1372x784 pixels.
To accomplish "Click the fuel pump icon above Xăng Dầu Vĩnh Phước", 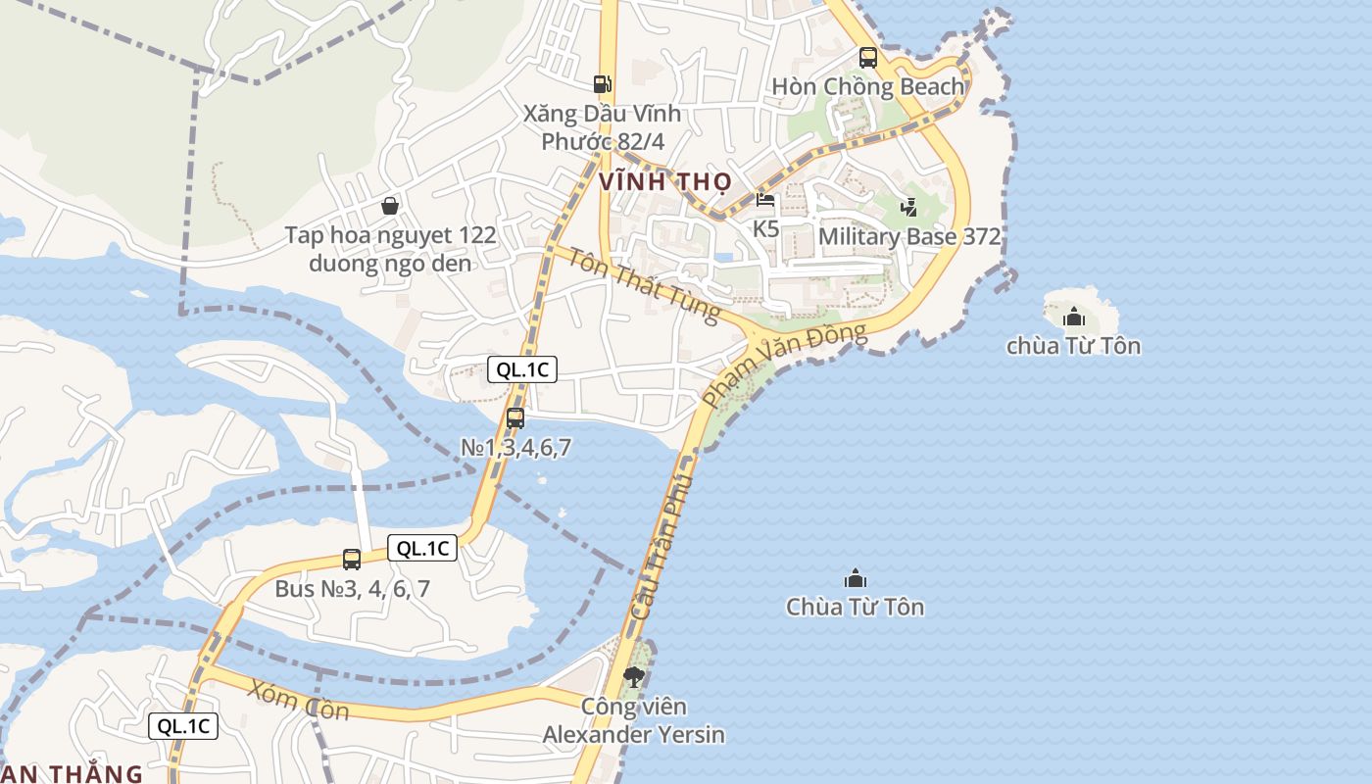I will pyautogui.click(x=603, y=85).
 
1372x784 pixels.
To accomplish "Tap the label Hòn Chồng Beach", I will pyautogui.click(x=867, y=86).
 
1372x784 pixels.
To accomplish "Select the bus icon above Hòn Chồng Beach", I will pyautogui.click(x=867, y=58).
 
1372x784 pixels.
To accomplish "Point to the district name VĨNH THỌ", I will pyautogui.click(x=665, y=181).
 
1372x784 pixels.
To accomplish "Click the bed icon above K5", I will pyautogui.click(x=765, y=201).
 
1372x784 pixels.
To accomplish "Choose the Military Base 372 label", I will pyautogui.click(x=908, y=236).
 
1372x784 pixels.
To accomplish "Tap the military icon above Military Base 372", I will pyautogui.click(x=909, y=207).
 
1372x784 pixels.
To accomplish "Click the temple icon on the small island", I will pyautogui.click(x=1074, y=317).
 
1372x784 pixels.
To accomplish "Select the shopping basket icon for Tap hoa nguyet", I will pyautogui.click(x=390, y=206).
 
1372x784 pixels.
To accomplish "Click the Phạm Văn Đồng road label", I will pyautogui.click(x=784, y=364).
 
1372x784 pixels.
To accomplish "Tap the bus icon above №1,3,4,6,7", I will pyautogui.click(x=515, y=418).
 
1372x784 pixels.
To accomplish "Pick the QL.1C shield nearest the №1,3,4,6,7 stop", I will pyautogui.click(x=522, y=369).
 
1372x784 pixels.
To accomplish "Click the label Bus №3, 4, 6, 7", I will pyautogui.click(x=352, y=589).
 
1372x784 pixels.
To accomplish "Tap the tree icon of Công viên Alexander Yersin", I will pyautogui.click(x=634, y=675).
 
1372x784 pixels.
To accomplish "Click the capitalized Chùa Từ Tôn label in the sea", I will pyautogui.click(x=855, y=607).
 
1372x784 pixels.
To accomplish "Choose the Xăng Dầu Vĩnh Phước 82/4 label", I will pyautogui.click(x=602, y=127).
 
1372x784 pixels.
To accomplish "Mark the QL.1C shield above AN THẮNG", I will pyautogui.click(x=183, y=726).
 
